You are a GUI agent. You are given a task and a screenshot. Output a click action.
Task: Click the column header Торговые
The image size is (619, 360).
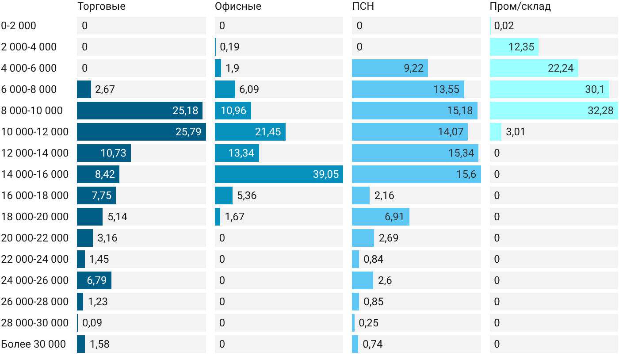tap(101, 6)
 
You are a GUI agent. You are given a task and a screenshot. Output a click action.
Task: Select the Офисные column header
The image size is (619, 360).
tap(238, 6)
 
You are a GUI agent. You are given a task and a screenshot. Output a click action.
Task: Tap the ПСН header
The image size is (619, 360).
tap(363, 6)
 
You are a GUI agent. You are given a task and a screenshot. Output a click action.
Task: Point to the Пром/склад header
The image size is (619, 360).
tap(520, 6)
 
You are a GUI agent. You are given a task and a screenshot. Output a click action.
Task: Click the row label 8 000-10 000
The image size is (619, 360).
tap(32, 111)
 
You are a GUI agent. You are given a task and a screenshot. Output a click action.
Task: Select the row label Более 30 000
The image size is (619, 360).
tap(34, 344)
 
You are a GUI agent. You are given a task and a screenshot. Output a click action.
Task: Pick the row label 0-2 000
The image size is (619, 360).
tap(19, 26)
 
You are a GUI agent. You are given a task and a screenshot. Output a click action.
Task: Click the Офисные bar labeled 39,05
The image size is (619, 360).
tap(279, 174)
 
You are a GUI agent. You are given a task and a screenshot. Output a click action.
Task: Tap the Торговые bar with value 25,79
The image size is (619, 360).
tap(141, 132)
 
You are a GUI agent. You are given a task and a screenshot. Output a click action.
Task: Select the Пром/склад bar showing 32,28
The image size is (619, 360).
tap(554, 111)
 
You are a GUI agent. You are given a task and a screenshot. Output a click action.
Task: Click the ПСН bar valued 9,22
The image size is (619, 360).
tap(390, 68)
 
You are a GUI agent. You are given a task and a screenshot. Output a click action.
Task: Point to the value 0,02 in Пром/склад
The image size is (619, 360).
tap(504, 26)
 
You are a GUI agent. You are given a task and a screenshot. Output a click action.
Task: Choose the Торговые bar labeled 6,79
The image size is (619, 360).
tap(94, 280)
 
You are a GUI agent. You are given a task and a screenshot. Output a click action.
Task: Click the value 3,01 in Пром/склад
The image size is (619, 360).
tap(516, 132)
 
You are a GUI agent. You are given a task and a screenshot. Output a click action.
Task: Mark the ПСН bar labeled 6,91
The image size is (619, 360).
tap(381, 217)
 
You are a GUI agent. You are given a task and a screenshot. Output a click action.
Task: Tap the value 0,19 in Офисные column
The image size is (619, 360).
tap(229, 47)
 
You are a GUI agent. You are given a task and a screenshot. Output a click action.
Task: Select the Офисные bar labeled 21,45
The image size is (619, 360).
tap(250, 132)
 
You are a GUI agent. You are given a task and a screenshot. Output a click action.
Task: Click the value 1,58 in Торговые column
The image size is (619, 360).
tap(99, 344)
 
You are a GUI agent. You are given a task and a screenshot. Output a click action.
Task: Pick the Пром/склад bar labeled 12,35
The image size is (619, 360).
tap(514, 47)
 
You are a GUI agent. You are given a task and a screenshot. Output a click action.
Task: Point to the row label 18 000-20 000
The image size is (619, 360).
tap(35, 217)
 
